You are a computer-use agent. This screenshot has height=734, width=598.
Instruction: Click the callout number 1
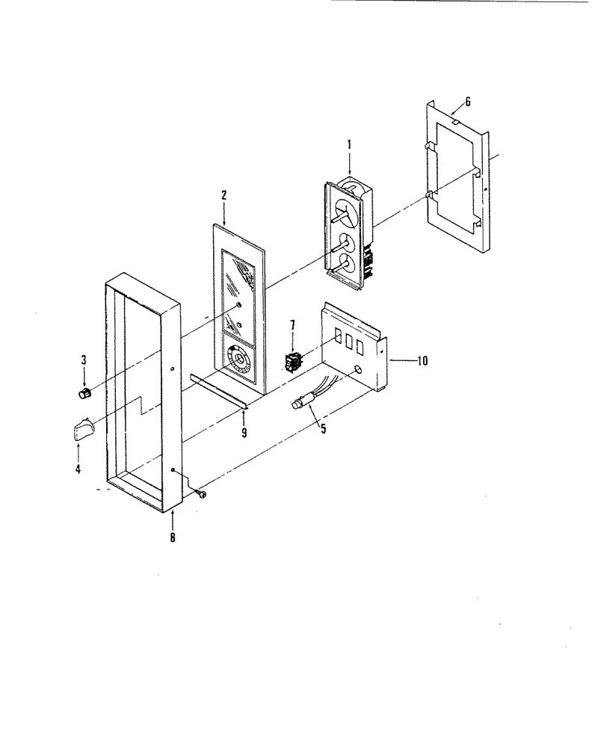click(x=349, y=145)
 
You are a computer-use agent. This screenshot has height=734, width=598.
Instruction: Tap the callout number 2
click(x=224, y=195)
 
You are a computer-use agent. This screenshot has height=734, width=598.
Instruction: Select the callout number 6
click(x=468, y=102)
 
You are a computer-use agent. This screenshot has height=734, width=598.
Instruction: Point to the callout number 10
click(x=422, y=361)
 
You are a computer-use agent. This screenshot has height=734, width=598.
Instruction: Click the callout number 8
click(x=173, y=537)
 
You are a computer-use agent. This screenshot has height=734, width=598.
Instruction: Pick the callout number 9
click(x=244, y=433)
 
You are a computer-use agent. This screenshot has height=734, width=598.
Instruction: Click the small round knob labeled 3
click(x=84, y=394)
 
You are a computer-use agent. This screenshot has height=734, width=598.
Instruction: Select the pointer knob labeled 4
click(x=84, y=429)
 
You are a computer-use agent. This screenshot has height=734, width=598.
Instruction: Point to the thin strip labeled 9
click(x=219, y=392)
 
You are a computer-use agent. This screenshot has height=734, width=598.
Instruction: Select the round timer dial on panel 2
click(x=238, y=360)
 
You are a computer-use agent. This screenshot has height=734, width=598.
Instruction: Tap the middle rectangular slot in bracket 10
click(x=348, y=342)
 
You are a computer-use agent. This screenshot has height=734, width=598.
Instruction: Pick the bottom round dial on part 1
click(x=348, y=265)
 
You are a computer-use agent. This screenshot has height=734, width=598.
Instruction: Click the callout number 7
click(x=293, y=326)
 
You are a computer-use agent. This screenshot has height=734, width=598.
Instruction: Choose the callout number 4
click(x=78, y=468)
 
